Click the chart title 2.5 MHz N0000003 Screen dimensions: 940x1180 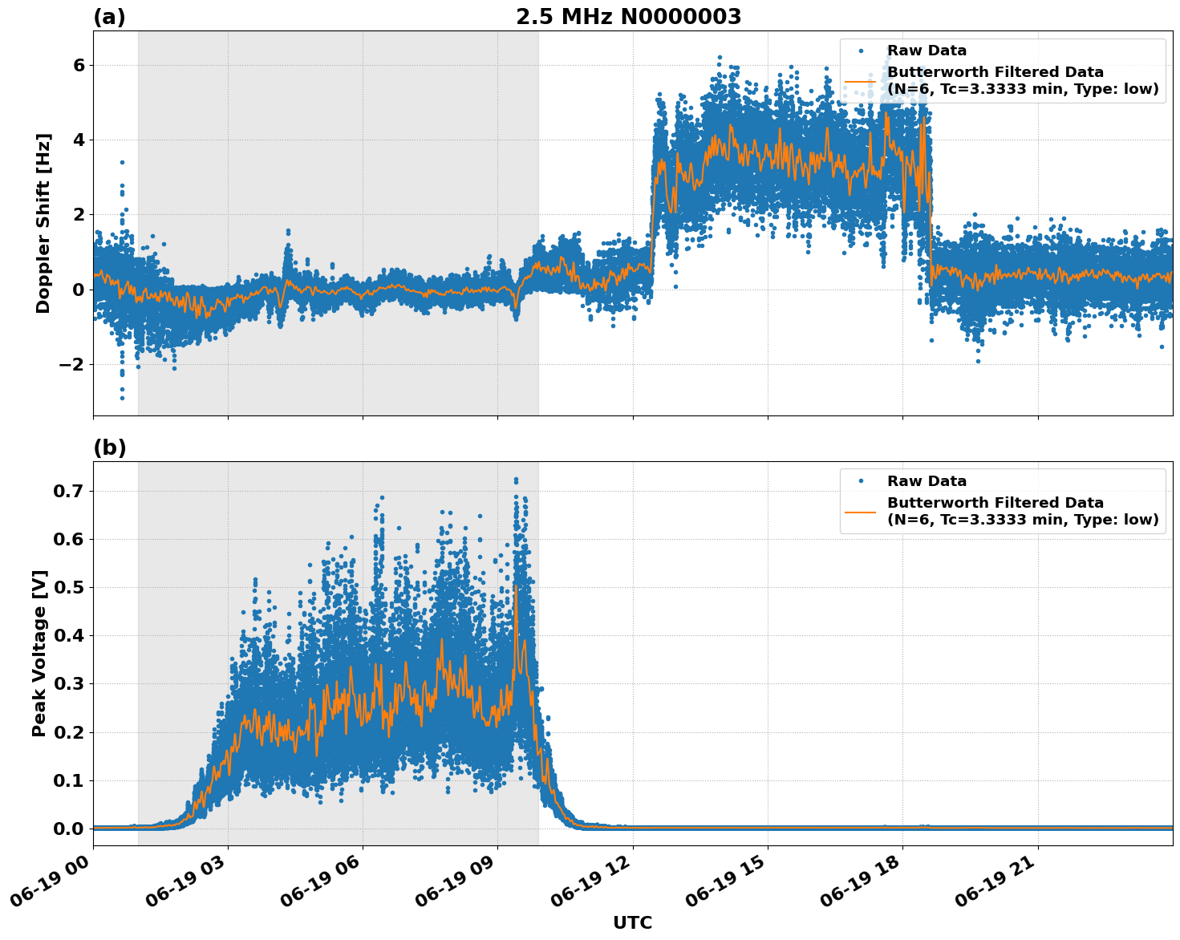click(628, 17)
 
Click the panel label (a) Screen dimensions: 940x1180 click(109, 17)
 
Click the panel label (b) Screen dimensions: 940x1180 click(109, 448)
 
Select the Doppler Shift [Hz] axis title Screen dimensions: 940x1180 click(43, 223)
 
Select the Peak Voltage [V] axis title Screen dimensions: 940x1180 click(39, 653)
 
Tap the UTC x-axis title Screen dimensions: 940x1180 click(632, 922)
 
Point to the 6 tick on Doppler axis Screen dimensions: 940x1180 click(79, 65)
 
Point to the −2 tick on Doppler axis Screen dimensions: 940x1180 click(72, 364)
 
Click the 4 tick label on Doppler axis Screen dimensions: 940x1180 click(79, 140)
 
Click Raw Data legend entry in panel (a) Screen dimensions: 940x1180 click(927, 51)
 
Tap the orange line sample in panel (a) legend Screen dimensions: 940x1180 click(861, 81)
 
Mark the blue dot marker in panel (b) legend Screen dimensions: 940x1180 click(861, 481)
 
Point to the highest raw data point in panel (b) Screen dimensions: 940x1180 click(516, 480)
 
